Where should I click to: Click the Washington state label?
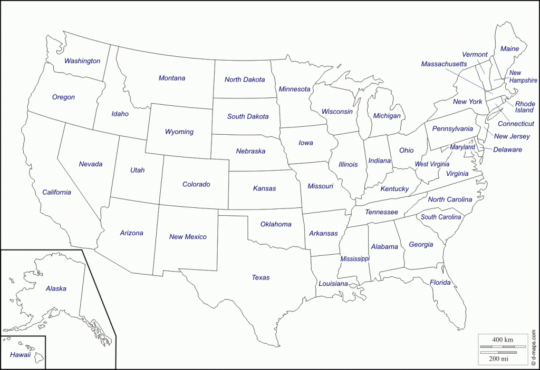coord(82,61)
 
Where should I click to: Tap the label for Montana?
coord(172,78)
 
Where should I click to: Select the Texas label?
coord(261,277)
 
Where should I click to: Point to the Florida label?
coord(440,283)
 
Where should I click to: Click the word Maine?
coord(509,49)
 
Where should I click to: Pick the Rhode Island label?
coord(524,107)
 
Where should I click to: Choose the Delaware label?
coord(507,149)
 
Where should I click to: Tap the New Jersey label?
coord(512,136)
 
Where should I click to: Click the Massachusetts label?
coord(444,64)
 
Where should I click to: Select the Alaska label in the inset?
coord(56,288)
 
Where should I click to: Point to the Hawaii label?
coord(20,355)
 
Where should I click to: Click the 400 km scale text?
coord(502,340)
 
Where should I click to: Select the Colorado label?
coord(196,184)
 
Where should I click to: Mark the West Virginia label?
coord(432,164)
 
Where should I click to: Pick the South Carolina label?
coord(441,217)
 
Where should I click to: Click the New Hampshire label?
coord(522,77)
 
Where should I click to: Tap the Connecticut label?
coord(516,124)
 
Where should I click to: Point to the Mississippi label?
coord(355,259)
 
